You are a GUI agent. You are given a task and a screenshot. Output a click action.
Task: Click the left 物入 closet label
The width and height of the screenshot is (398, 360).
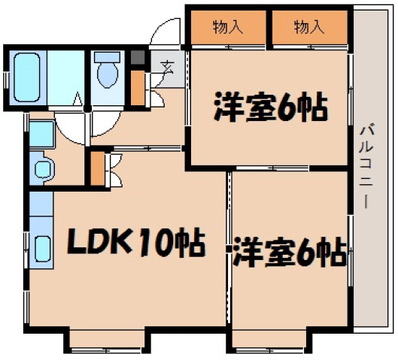click(226, 29)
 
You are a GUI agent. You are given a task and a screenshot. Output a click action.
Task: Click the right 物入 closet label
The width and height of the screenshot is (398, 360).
click(308, 29)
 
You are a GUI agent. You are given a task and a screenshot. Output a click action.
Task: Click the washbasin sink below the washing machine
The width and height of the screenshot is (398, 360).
click(41, 166)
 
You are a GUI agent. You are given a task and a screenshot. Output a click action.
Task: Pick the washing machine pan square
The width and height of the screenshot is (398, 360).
click(41, 135)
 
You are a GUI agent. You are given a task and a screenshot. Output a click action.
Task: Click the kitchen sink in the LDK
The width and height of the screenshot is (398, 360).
click(41, 248)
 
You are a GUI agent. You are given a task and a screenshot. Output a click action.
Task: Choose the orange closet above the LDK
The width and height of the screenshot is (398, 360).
click(98, 169)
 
